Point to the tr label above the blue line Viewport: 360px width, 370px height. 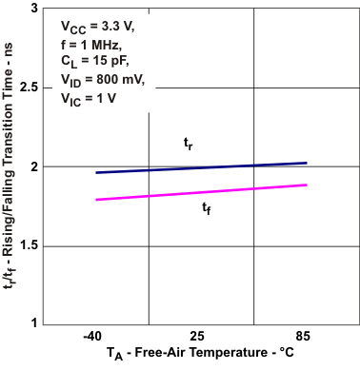(189, 143)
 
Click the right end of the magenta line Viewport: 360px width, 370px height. (305, 185)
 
